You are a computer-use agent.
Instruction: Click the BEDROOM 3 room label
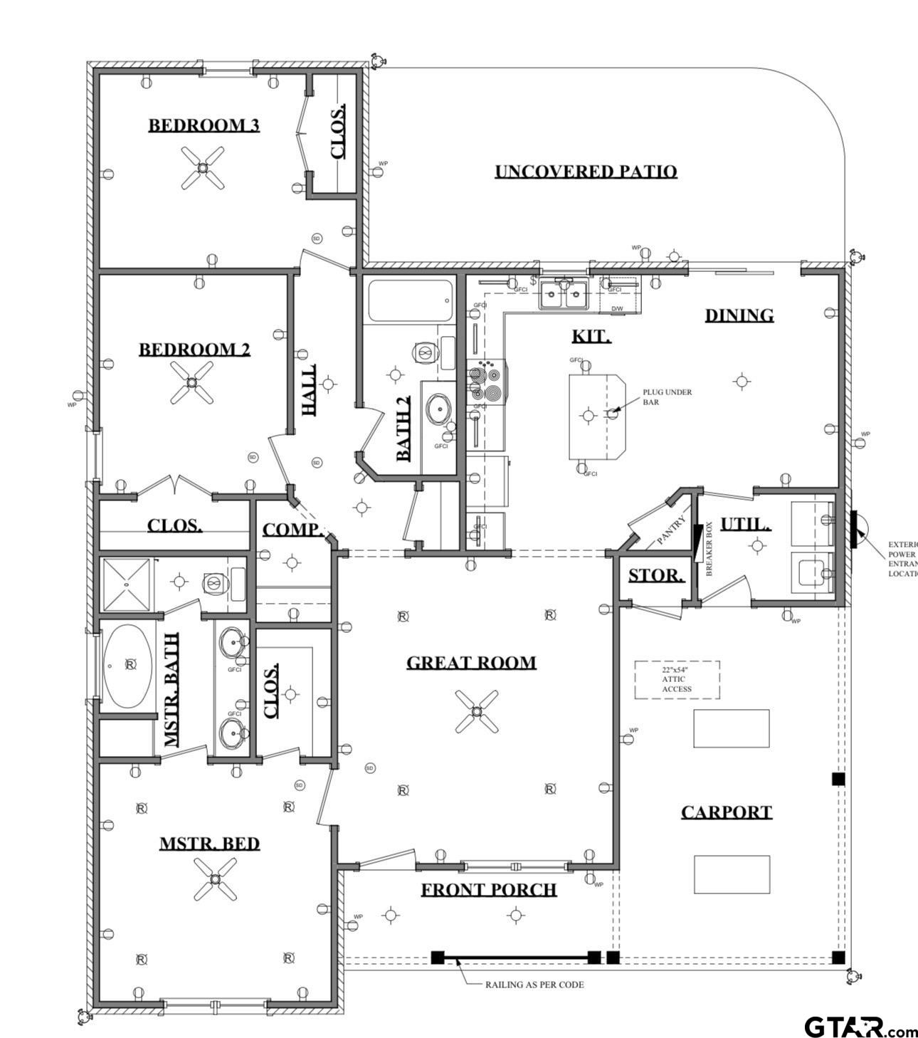click(x=204, y=125)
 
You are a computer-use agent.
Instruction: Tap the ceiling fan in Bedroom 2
click(x=191, y=382)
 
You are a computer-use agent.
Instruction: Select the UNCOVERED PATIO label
click(x=586, y=172)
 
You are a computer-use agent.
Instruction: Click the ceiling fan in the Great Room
click(x=476, y=711)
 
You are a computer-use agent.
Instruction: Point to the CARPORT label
click(x=726, y=812)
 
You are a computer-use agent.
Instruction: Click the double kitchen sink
click(x=563, y=295)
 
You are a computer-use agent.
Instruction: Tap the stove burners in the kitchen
click(x=485, y=382)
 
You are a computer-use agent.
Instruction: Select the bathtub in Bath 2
click(x=409, y=301)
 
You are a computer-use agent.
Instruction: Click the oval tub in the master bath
click(x=127, y=666)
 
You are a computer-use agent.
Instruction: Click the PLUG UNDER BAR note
click(x=667, y=397)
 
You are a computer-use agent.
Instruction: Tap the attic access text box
click(x=677, y=679)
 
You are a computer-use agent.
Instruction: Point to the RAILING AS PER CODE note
click(x=534, y=985)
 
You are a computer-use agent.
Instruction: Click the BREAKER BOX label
click(x=709, y=550)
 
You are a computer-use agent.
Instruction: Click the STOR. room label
click(x=656, y=575)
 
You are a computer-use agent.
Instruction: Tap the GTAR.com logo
click(x=860, y=1027)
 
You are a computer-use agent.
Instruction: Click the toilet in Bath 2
click(x=424, y=352)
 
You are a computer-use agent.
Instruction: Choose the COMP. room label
click(x=292, y=530)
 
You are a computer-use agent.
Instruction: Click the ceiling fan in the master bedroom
click(x=215, y=878)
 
